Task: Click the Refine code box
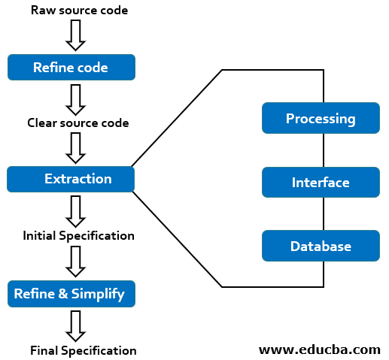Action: (x=71, y=68)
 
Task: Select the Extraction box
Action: (x=71, y=179)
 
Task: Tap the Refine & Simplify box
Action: (x=71, y=293)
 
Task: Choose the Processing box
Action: (x=320, y=119)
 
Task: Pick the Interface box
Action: (x=320, y=183)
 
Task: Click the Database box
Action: (x=320, y=246)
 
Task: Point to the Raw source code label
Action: (x=79, y=11)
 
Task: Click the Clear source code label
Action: (x=78, y=123)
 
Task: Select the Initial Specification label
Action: (x=79, y=235)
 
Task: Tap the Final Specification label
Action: (x=84, y=350)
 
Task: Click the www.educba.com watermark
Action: (x=320, y=349)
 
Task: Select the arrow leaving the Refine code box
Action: (x=75, y=98)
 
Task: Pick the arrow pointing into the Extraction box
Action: (x=75, y=148)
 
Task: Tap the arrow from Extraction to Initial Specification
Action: (x=75, y=211)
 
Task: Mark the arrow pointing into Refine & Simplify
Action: (x=75, y=262)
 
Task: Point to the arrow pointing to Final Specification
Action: (x=75, y=325)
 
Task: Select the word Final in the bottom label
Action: (x=44, y=350)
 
